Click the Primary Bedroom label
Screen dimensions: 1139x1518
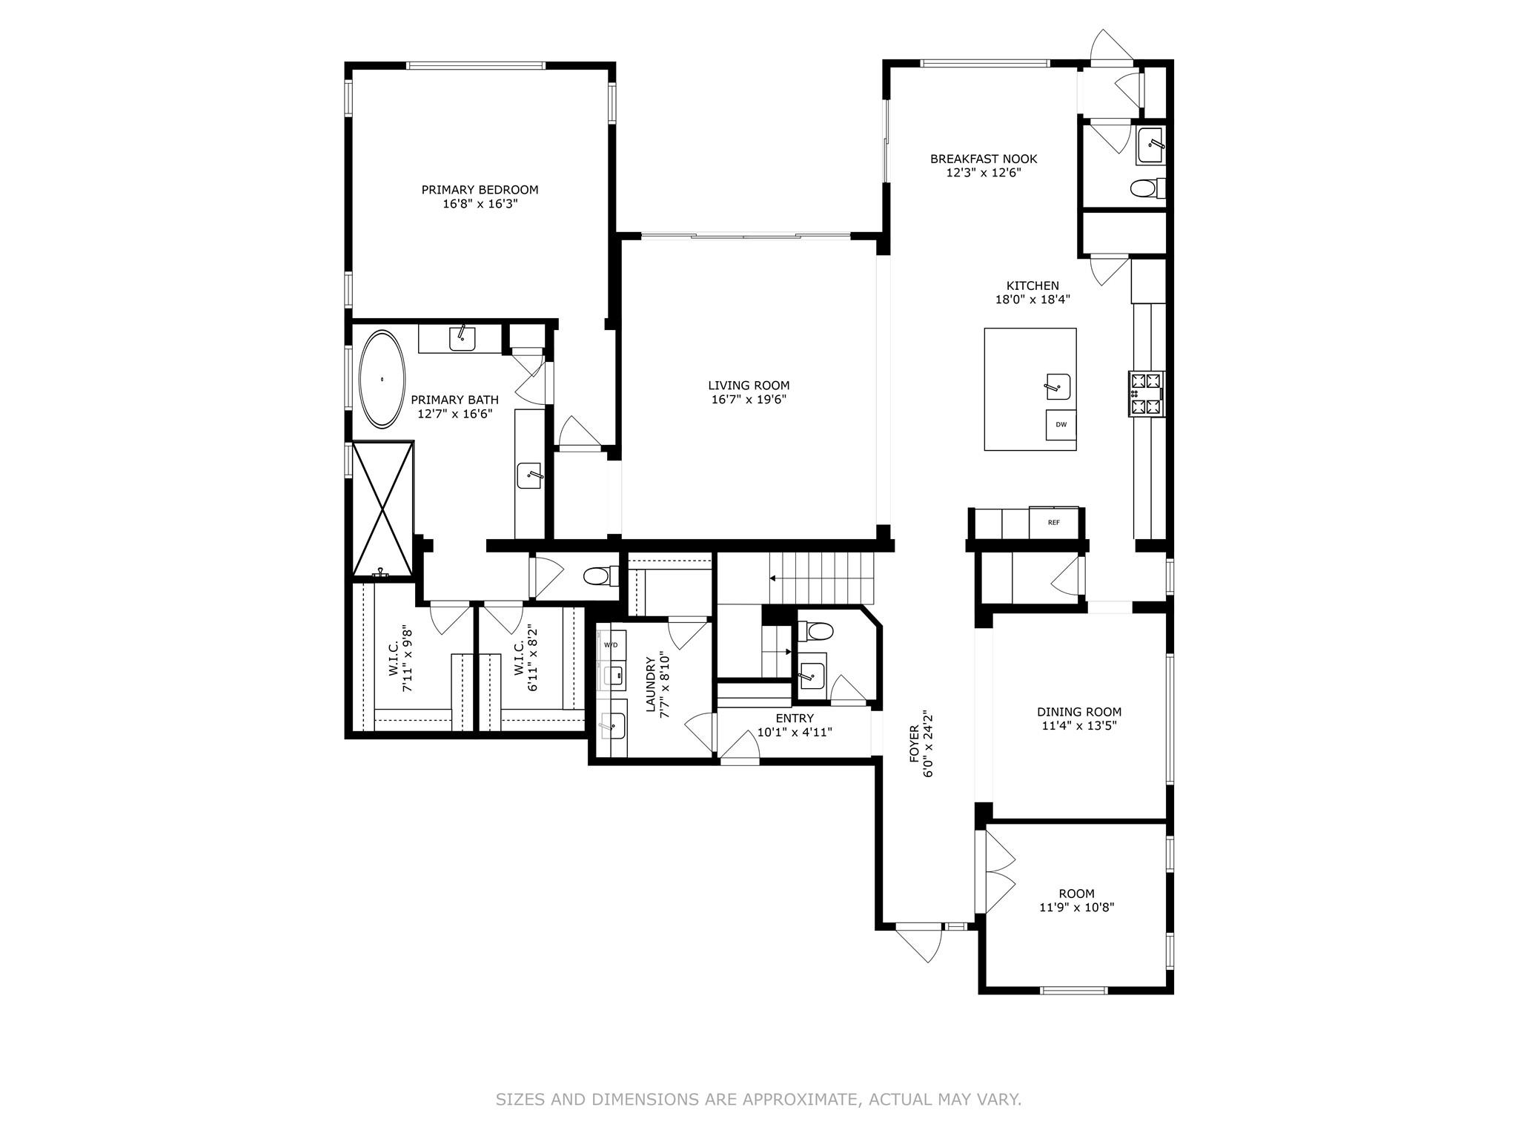pos(480,190)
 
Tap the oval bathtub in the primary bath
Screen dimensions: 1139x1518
pos(382,379)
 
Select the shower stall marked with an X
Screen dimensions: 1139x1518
pos(382,508)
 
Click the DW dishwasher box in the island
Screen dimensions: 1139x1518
pos(1061,425)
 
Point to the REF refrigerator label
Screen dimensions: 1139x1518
pos(1053,523)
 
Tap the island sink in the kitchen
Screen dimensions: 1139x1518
pos(1057,386)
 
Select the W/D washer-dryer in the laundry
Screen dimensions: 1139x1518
pos(611,644)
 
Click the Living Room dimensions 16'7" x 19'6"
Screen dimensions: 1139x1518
pos(749,400)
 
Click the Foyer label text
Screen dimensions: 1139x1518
pos(914,744)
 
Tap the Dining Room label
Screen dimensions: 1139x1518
pos(1078,712)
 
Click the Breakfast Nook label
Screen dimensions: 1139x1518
pos(983,159)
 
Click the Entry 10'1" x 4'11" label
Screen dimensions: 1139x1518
pos(794,719)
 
